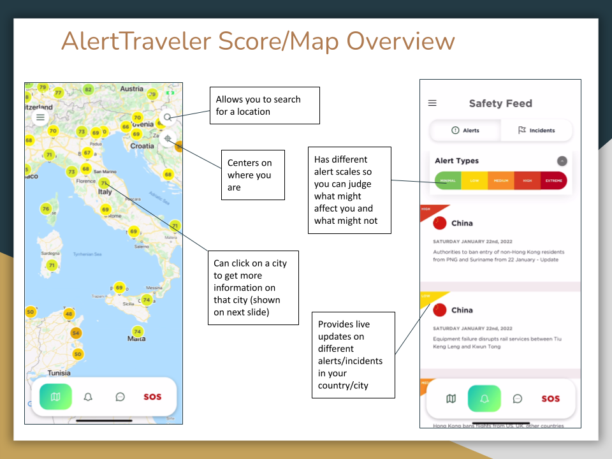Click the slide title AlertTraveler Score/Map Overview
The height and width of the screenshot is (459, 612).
[258, 41]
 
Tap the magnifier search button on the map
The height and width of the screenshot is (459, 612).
[167, 117]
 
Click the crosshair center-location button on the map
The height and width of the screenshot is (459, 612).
[167, 138]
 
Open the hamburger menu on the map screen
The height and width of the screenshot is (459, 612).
[41, 117]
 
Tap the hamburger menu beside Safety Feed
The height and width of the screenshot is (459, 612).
[432, 103]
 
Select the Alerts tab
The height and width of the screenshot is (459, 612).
[465, 130]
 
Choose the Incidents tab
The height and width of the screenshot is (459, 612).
[536, 130]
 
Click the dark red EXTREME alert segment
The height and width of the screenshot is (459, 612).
[553, 180]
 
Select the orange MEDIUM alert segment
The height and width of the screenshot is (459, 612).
[500, 180]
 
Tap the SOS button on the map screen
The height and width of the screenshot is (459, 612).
[152, 397]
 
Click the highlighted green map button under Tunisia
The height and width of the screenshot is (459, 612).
[55, 397]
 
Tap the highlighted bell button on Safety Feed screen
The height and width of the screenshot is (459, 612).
[484, 398]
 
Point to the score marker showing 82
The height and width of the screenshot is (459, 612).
[89, 89]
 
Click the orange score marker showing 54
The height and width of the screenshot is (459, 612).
[76, 333]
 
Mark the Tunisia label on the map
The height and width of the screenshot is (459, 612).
[59, 373]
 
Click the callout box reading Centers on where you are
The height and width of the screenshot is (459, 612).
[252, 175]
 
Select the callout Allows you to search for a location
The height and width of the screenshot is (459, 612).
[265, 105]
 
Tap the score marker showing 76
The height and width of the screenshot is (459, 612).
[46, 208]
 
